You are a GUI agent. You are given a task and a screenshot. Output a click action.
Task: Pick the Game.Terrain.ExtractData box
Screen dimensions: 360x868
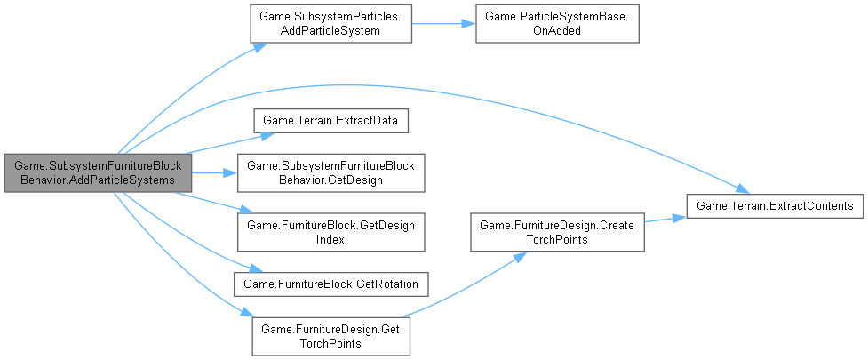point(330,118)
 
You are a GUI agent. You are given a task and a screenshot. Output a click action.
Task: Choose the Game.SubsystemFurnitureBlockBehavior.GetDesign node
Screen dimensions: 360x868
point(330,172)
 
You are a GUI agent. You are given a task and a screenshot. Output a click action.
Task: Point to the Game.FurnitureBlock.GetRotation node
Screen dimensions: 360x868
point(330,283)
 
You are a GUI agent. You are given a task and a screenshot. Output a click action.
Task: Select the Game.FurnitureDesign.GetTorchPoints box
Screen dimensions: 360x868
point(330,336)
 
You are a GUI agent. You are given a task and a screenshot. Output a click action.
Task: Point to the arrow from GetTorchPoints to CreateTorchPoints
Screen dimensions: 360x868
point(462,284)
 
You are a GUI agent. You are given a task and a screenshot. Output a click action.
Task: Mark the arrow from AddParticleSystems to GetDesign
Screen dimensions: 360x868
point(213,172)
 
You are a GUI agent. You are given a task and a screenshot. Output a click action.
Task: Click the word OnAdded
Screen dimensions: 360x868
point(557,31)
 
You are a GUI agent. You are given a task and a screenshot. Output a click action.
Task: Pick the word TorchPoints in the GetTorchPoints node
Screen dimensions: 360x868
point(330,343)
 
